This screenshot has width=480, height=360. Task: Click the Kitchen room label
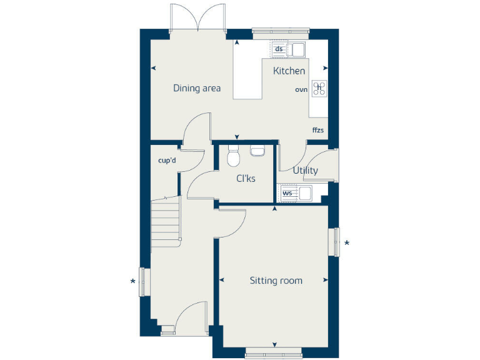(289, 71)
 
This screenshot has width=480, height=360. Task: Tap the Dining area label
(197, 88)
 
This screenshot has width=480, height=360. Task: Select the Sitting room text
(276, 281)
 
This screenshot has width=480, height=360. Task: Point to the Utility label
(305, 170)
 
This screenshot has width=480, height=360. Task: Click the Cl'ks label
(246, 179)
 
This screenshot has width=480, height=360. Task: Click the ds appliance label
(279, 49)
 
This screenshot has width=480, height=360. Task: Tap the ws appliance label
(287, 193)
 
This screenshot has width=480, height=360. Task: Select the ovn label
(301, 90)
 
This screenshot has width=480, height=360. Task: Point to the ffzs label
(319, 130)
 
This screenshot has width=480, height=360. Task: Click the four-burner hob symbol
(319, 88)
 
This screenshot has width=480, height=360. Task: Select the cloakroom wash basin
(257, 150)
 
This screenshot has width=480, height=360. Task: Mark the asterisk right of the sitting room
(347, 243)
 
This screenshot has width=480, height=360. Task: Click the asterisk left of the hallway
(132, 281)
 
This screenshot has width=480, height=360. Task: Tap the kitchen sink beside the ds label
(296, 49)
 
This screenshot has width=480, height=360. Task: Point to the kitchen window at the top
(281, 29)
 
